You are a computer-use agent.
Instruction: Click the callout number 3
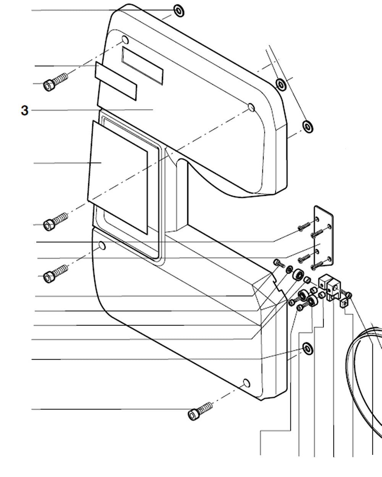click(x=24, y=111)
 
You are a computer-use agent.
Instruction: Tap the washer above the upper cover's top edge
click(x=179, y=11)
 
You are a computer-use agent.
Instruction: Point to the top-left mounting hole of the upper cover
click(x=125, y=40)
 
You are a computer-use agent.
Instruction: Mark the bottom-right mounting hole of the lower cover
click(x=246, y=383)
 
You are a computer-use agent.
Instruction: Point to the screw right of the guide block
click(x=348, y=294)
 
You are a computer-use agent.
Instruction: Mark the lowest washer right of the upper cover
click(x=308, y=126)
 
